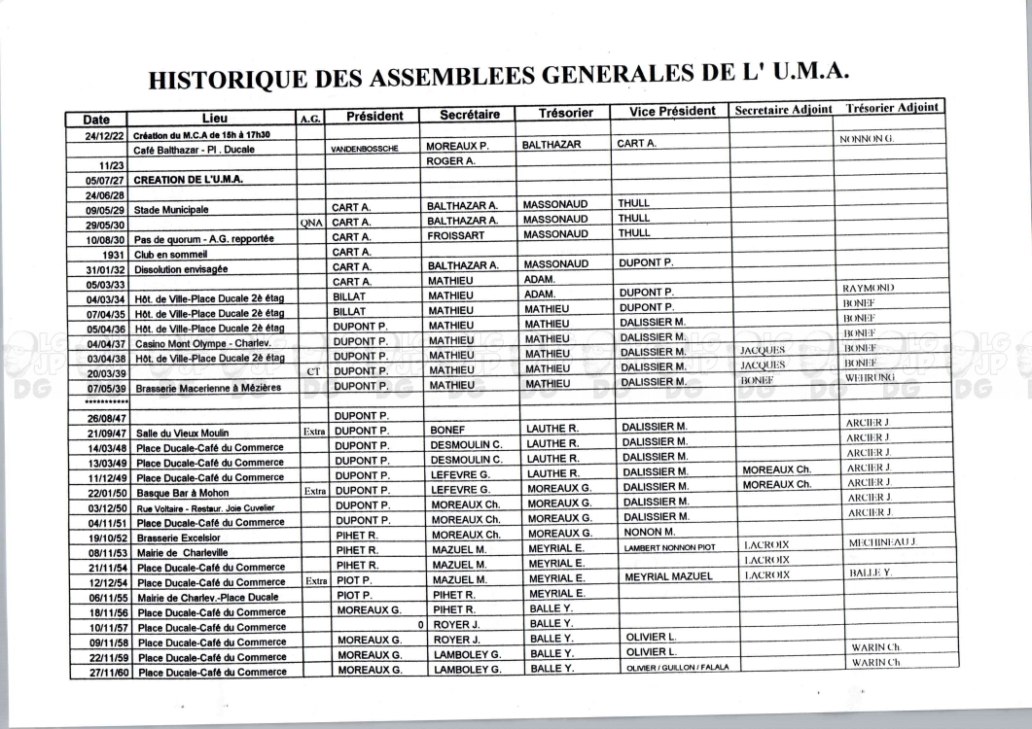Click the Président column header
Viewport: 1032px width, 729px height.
(374, 116)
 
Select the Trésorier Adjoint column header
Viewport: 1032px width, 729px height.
(892, 107)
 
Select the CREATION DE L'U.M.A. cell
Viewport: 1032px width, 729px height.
(189, 180)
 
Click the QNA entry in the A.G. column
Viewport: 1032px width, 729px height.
(311, 223)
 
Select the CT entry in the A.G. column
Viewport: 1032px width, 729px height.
(312, 371)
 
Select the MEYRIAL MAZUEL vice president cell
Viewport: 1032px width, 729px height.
(668, 576)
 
